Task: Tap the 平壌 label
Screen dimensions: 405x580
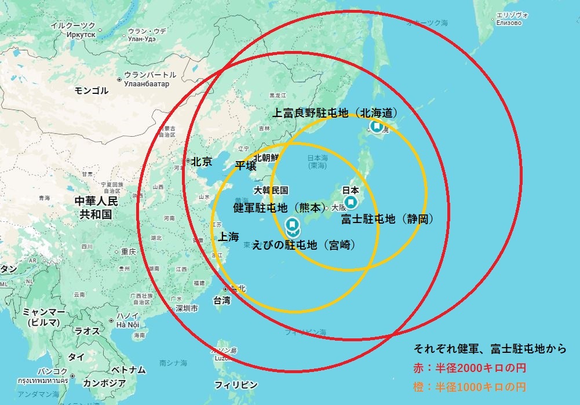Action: click(x=245, y=166)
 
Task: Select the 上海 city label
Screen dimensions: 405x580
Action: click(x=228, y=236)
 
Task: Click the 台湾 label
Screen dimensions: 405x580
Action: click(x=222, y=300)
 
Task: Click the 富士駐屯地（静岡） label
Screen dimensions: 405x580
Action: click(x=387, y=219)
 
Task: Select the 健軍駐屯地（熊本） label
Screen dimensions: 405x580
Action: click(x=279, y=207)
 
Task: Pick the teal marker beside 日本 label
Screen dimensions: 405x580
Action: click(x=351, y=202)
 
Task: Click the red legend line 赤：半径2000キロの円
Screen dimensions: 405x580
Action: click(x=469, y=368)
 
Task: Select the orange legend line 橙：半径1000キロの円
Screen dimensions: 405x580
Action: click(x=469, y=386)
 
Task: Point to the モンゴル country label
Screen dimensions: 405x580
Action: click(x=92, y=90)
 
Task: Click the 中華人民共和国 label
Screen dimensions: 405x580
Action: click(x=96, y=207)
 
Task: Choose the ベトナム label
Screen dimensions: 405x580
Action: click(x=128, y=370)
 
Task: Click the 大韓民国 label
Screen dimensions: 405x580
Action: click(x=271, y=190)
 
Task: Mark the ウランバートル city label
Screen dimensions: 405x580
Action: click(x=150, y=75)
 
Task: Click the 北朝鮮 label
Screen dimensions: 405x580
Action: click(x=266, y=158)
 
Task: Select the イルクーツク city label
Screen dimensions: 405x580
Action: click(x=73, y=26)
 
